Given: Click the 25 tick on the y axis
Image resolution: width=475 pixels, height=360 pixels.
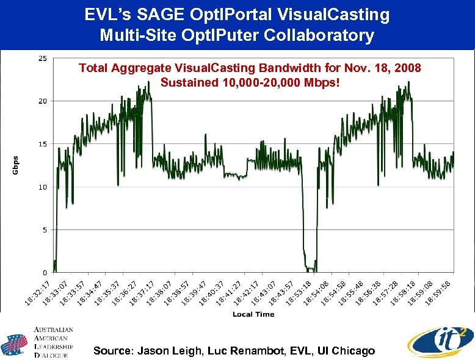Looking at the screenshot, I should coord(42,59).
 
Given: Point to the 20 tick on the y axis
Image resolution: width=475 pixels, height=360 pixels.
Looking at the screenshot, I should coord(42,101).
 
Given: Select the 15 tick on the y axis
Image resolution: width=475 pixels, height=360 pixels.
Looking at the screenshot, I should coord(42,144).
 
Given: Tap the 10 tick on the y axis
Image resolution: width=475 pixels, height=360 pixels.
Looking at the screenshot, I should coord(42,187).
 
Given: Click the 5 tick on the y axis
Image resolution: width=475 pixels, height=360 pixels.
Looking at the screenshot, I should coord(44,230).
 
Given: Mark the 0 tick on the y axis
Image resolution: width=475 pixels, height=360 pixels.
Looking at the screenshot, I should coord(44,273).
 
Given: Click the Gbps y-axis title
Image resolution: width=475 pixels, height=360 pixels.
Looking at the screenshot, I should coord(16,164).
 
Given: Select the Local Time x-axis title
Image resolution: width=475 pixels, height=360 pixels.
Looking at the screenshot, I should coord(253,314).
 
